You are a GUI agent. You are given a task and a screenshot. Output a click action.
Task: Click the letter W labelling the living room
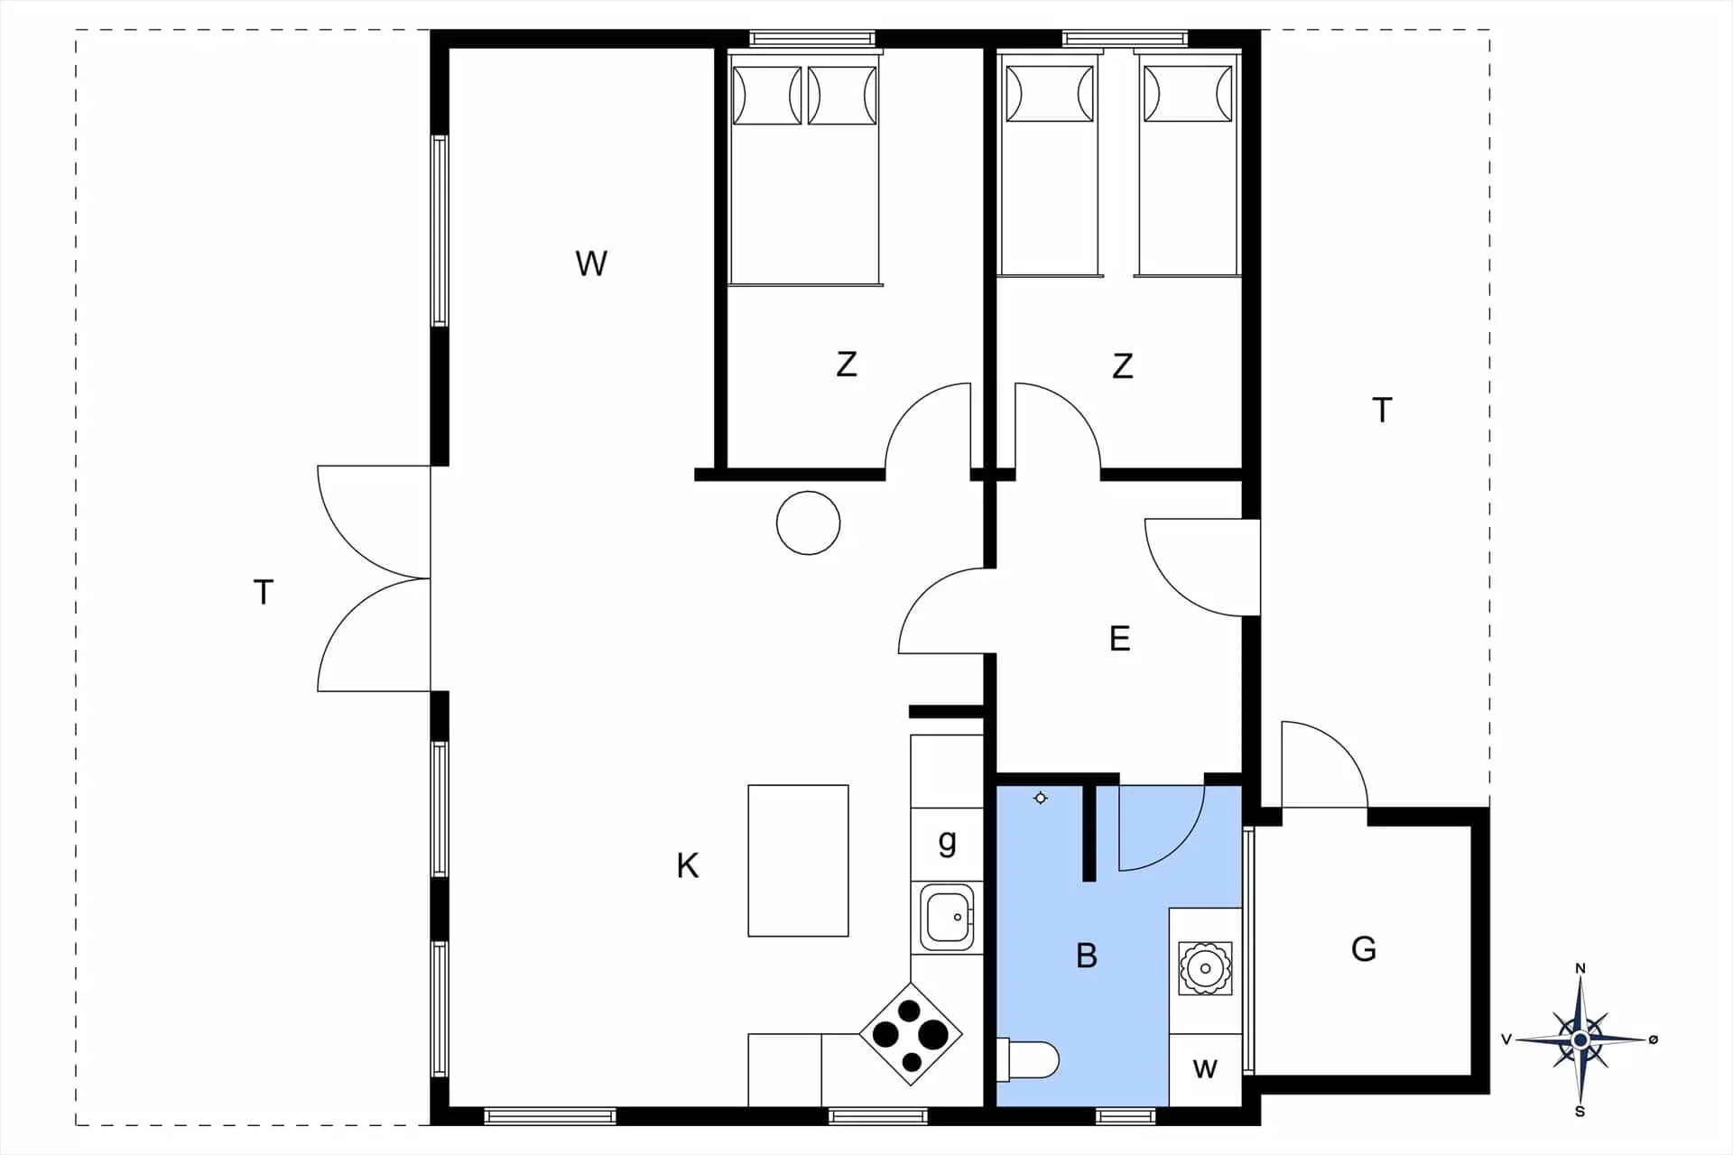[x=591, y=263]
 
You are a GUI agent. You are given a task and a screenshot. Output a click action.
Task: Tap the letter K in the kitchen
[x=688, y=865]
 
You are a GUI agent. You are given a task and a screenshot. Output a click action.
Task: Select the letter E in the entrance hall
[x=1119, y=639]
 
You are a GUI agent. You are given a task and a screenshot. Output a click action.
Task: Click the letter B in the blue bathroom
[x=1087, y=956]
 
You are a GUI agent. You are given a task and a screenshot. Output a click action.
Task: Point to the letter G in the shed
[x=1364, y=948]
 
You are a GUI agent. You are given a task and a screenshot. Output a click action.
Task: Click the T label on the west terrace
[x=264, y=593]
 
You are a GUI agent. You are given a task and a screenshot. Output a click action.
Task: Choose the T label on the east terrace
[x=1382, y=411]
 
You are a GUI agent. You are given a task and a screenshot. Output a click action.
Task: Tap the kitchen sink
[x=947, y=917]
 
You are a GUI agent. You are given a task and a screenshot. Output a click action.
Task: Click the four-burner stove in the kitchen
[x=911, y=1033]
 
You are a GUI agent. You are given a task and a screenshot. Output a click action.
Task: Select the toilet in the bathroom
[x=1027, y=1060]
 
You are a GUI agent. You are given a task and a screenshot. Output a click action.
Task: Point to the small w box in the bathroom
[x=1205, y=1070]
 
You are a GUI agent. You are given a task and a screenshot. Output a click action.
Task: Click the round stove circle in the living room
[x=809, y=523]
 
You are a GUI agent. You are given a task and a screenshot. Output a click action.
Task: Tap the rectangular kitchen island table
[x=798, y=861]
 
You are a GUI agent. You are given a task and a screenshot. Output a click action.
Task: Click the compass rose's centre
[x=1580, y=1040]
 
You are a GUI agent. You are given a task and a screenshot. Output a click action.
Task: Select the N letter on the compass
[x=1580, y=969]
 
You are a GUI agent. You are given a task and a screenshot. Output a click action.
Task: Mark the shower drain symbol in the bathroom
[x=1041, y=798]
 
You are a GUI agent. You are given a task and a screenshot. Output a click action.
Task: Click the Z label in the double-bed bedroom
[x=847, y=365]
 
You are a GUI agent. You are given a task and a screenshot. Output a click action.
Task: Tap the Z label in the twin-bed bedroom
[x=1122, y=366]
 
